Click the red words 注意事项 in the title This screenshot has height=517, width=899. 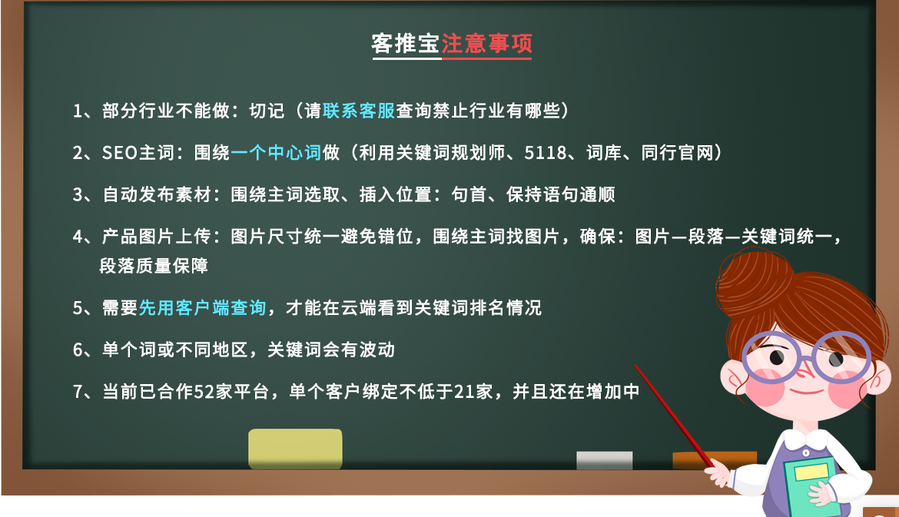[487, 44]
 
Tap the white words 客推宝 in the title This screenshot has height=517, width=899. [406, 44]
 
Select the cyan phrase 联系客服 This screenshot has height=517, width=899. [359, 111]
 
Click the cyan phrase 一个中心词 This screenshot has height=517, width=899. [276, 152]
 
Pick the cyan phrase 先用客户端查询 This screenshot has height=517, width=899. [202, 308]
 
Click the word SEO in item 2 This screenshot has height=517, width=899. [120, 153]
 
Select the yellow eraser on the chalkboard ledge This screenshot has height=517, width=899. [295, 449]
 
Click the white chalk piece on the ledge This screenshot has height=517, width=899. [604, 460]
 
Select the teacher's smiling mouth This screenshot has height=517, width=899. [805, 391]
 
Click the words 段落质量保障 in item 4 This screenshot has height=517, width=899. [154, 266]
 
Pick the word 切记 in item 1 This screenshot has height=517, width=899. [267, 111]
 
